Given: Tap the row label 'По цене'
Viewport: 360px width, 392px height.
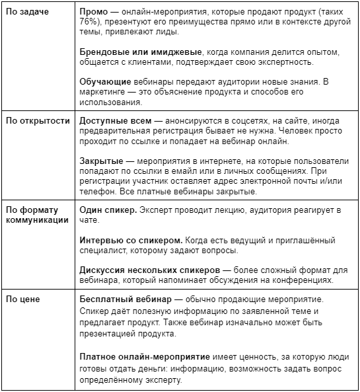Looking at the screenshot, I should click(22, 299).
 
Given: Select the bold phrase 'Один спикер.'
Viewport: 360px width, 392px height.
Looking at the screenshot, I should click(108, 210).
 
